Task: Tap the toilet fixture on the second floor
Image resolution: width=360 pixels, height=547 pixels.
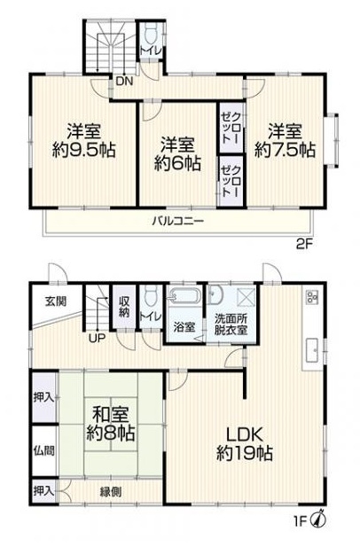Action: coord(150,35)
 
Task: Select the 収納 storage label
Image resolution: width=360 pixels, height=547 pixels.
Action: coord(125,308)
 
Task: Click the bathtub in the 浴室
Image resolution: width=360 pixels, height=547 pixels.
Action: coord(184,297)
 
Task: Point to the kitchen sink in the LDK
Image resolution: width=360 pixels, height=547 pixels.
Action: coord(311,351)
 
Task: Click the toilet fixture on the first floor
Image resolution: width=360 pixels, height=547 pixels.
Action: coord(152,297)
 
